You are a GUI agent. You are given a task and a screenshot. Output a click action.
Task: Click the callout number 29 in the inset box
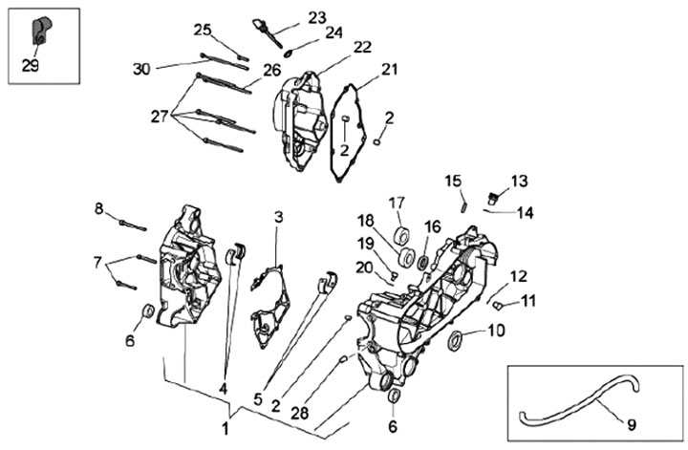tap(31, 66)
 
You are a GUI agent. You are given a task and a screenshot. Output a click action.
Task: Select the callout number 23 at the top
tap(317, 18)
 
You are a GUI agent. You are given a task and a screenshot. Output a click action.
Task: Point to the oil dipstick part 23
tap(267, 32)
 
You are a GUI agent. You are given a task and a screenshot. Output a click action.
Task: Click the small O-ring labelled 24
tap(289, 54)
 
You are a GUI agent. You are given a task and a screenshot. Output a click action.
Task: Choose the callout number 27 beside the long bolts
tap(160, 117)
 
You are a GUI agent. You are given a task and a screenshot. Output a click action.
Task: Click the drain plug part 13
tap(493, 198)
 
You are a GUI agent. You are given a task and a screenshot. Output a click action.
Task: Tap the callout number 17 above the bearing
tap(397, 204)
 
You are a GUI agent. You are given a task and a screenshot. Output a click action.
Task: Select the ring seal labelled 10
tap(455, 340)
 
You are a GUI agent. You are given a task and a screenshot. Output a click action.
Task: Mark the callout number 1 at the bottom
tap(226, 429)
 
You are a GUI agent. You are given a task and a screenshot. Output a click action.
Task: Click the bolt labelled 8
tap(133, 225)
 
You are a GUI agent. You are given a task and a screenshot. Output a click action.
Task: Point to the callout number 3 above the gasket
tap(279, 217)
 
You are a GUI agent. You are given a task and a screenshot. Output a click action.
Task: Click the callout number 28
tap(300, 413)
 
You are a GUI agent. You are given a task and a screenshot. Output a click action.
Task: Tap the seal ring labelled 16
tap(423, 262)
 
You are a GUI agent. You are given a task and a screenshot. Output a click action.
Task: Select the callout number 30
tap(141, 69)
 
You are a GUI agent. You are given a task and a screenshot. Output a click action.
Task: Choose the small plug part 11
tap(497, 305)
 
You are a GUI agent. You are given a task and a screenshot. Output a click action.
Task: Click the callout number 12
tap(519, 276)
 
